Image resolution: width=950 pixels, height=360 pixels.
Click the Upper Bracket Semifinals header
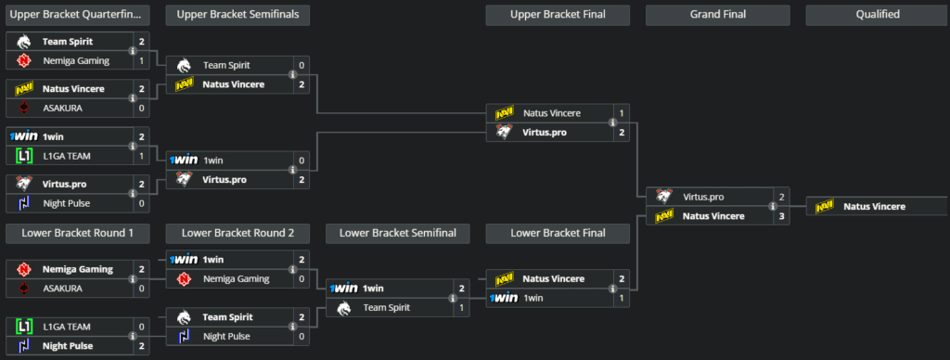coord(237,14)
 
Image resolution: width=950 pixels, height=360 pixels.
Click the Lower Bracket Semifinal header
coord(398,233)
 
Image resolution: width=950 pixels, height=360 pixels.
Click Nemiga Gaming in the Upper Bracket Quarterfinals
coord(75,60)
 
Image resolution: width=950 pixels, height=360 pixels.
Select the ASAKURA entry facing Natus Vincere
coord(62,108)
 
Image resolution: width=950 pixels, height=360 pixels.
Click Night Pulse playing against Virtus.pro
coord(68,203)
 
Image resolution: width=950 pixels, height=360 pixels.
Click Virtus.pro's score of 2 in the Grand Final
coord(782,197)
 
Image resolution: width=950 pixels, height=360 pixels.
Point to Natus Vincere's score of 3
coord(782,216)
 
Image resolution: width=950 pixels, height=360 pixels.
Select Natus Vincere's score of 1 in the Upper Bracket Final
coord(621,113)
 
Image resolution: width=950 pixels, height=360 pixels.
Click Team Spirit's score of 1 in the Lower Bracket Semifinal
coord(461,307)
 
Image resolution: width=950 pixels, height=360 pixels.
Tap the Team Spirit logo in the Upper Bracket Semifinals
coord(185,65)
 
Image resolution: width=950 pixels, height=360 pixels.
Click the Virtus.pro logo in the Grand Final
coord(664,197)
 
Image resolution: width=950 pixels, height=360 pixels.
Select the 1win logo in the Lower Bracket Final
coord(504,298)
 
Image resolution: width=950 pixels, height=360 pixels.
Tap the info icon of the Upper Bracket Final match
coord(612,122)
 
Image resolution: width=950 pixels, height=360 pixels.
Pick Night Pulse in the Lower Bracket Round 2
coord(228,336)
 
